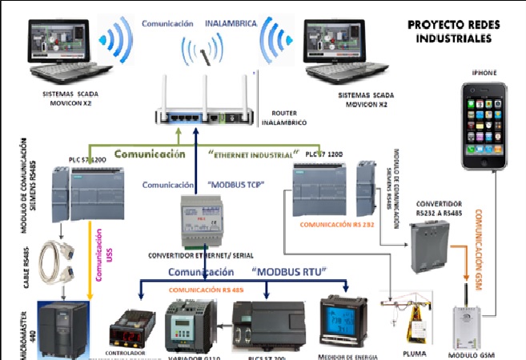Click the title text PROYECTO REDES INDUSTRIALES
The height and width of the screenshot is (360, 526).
click(x=453, y=31)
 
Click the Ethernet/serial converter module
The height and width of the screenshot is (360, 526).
click(x=205, y=220)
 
